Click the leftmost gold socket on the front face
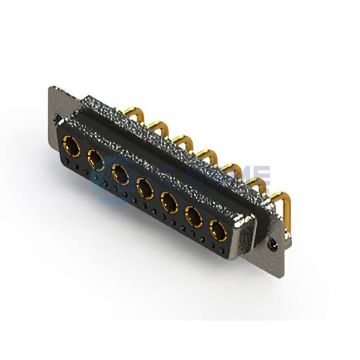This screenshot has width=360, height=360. click(x=71, y=145)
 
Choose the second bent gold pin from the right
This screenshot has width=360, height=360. click(x=255, y=183)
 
